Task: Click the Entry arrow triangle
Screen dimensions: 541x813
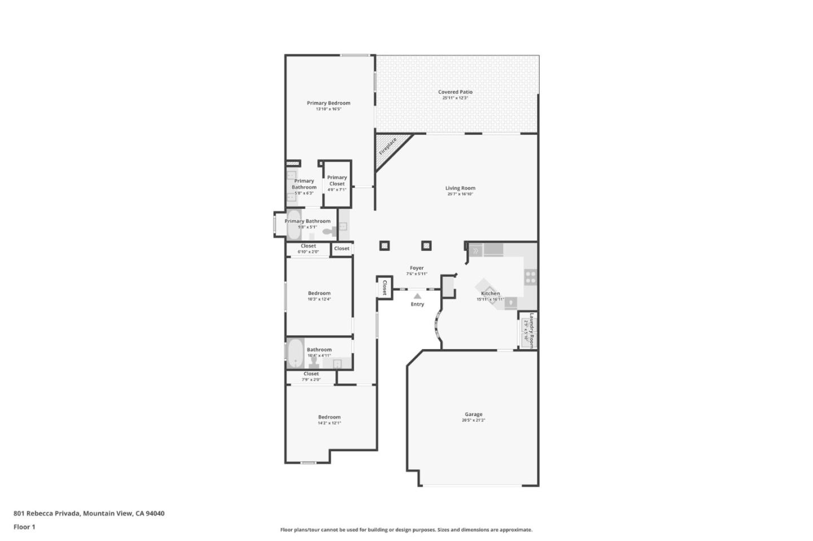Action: (x=417, y=296)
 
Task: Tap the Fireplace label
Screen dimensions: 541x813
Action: (x=388, y=147)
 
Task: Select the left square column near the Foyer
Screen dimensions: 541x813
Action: (x=384, y=245)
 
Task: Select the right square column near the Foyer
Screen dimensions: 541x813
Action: (x=426, y=245)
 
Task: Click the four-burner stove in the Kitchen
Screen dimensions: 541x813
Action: (x=530, y=276)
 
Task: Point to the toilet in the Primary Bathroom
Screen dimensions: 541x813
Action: (x=329, y=231)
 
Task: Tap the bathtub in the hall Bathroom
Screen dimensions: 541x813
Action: (x=295, y=354)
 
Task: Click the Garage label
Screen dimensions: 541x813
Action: (x=473, y=414)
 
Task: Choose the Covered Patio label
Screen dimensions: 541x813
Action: (x=455, y=92)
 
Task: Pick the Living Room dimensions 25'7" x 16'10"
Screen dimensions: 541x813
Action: (x=460, y=194)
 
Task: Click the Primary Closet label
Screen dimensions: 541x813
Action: (x=337, y=181)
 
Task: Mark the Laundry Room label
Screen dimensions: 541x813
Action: (x=531, y=331)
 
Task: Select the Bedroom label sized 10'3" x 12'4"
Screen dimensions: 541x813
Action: (x=319, y=293)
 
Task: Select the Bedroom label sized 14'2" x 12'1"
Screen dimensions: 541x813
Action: (x=329, y=417)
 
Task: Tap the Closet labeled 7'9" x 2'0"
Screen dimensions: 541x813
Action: (x=311, y=374)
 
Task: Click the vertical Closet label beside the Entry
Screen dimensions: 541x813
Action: (x=384, y=287)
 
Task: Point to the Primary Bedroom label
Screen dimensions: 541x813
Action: (x=329, y=103)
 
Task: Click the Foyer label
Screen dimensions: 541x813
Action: (x=417, y=268)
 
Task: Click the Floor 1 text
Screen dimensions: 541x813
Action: (x=24, y=527)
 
